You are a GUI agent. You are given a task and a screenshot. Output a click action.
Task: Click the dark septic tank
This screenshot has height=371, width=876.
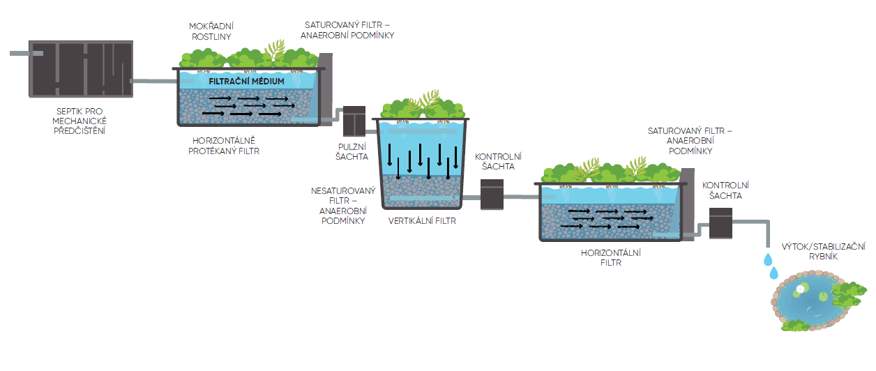pos(80,69)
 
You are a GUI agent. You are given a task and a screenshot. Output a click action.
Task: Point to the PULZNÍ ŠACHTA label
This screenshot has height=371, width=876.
pos(349,151)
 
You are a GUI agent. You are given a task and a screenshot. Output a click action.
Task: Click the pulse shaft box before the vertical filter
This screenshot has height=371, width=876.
pos(355,121)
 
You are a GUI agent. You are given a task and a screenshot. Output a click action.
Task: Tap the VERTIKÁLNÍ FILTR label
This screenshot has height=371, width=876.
pos(421,220)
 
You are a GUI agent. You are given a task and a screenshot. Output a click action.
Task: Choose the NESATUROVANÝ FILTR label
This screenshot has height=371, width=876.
pos(342,205)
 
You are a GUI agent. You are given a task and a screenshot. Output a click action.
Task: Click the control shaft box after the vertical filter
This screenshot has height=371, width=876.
pos(492,195)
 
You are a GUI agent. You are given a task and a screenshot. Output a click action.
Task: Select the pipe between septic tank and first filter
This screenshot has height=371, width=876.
pos(153,82)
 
